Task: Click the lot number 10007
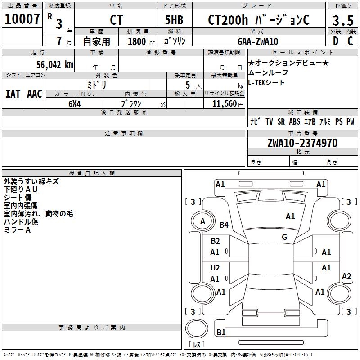point(22,19)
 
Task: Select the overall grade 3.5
point(342,20)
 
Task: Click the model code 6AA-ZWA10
point(258,41)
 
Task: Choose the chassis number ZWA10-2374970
point(302,143)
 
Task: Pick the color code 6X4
point(75,103)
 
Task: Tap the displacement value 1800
point(137,41)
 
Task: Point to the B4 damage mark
point(224,225)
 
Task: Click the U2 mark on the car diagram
point(215,268)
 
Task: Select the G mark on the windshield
point(284,237)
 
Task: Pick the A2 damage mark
point(346,276)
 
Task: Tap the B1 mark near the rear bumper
point(221,333)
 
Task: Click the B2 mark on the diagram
point(215,241)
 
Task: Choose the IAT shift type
point(13,94)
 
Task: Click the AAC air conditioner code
point(35,94)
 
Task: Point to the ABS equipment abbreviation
point(295,121)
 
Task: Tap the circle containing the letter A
point(202,221)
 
